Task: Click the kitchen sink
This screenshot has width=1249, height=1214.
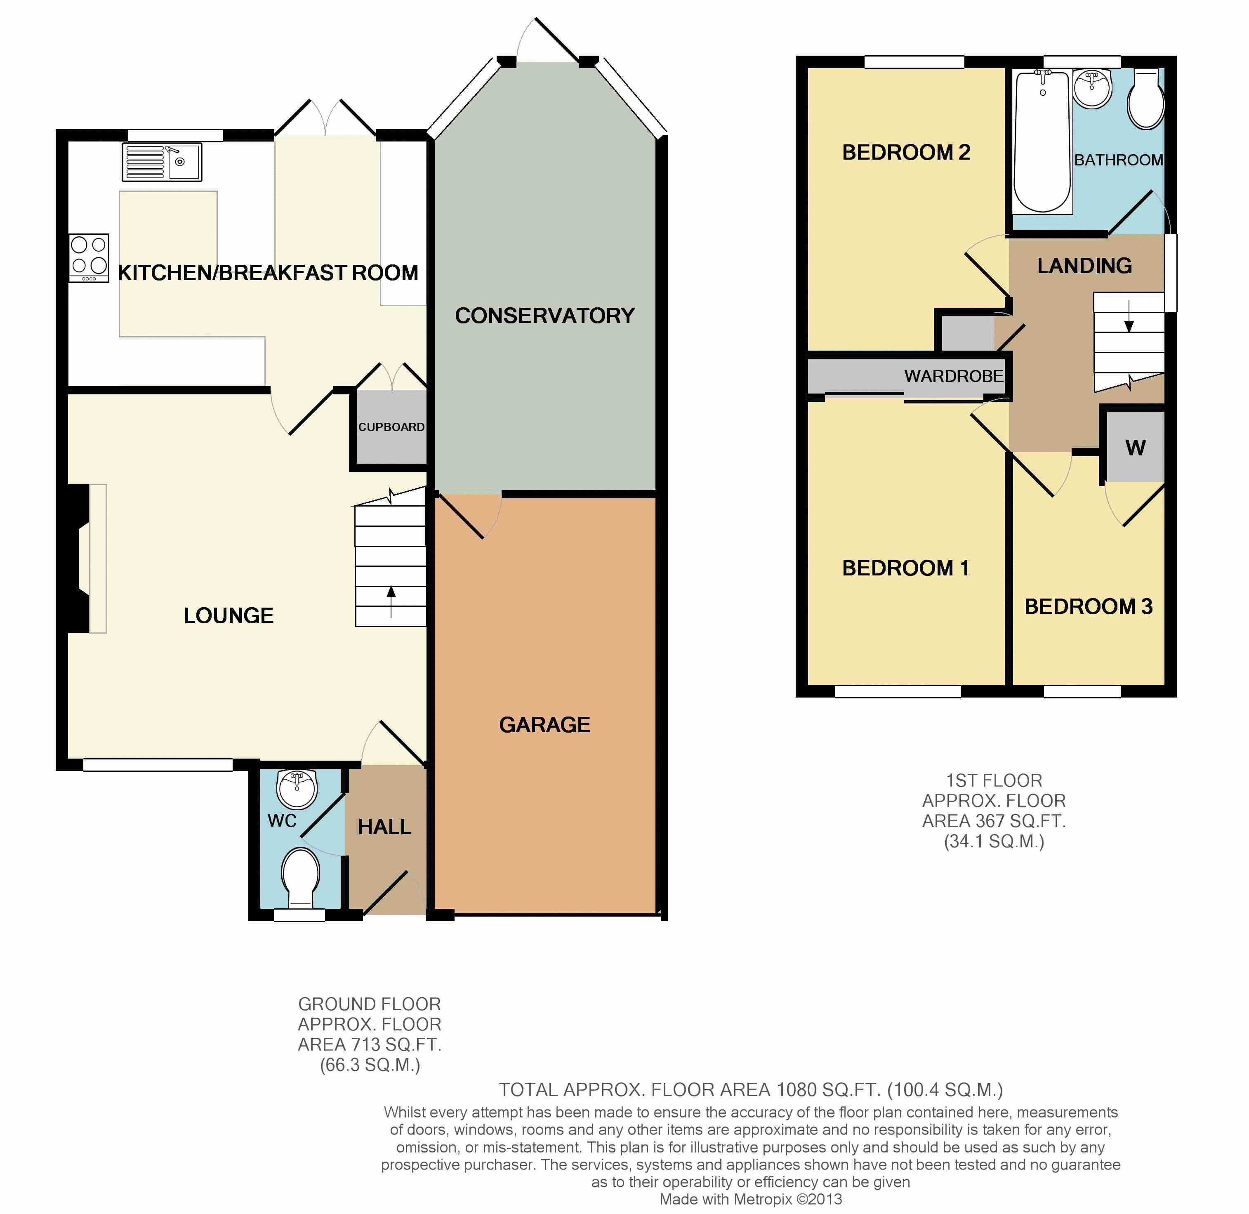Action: pyautogui.click(x=162, y=162)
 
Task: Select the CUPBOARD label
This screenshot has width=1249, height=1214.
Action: pyautogui.click(x=391, y=427)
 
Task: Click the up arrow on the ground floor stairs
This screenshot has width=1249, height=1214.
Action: pyautogui.click(x=391, y=602)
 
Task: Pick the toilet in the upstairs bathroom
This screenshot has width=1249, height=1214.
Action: pyautogui.click(x=1146, y=99)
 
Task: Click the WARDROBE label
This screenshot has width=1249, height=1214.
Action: pyautogui.click(x=954, y=376)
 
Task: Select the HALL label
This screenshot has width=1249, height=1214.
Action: pyautogui.click(x=384, y=827)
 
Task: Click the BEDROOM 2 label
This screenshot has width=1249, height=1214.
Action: pyautogui.click(x=906, y=152)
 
